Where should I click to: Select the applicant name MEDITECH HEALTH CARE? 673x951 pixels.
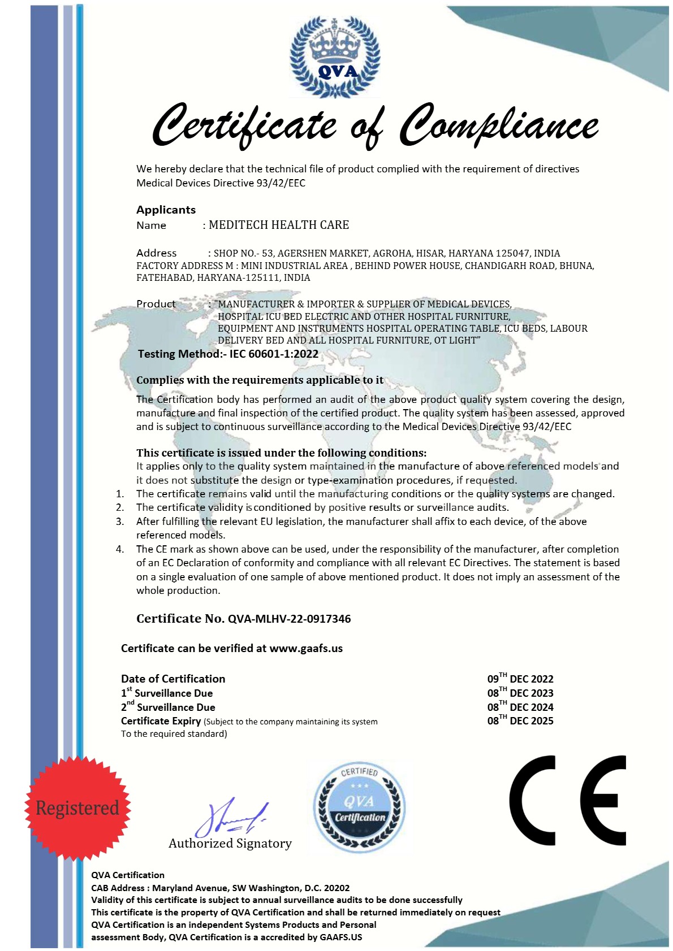point(279,225)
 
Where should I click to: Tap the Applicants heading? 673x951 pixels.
point(166,210)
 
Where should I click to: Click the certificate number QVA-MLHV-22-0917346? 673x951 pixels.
point(289,619)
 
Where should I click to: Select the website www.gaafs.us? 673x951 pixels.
point(306,648)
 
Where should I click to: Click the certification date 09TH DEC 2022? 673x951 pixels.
point(520,679)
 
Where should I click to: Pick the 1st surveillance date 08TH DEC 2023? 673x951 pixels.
point(520,693)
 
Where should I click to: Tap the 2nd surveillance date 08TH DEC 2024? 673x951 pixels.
point(520,707)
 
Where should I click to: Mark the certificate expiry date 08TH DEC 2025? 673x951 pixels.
point(520,720)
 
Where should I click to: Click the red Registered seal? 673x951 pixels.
point(77,808)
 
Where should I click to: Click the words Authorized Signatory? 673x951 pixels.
point(230,843)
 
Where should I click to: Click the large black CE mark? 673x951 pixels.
point(567,800)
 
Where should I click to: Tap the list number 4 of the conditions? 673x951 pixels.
point(120,549)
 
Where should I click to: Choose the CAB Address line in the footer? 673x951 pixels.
point(221,888)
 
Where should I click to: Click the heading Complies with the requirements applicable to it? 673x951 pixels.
point(260,380)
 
